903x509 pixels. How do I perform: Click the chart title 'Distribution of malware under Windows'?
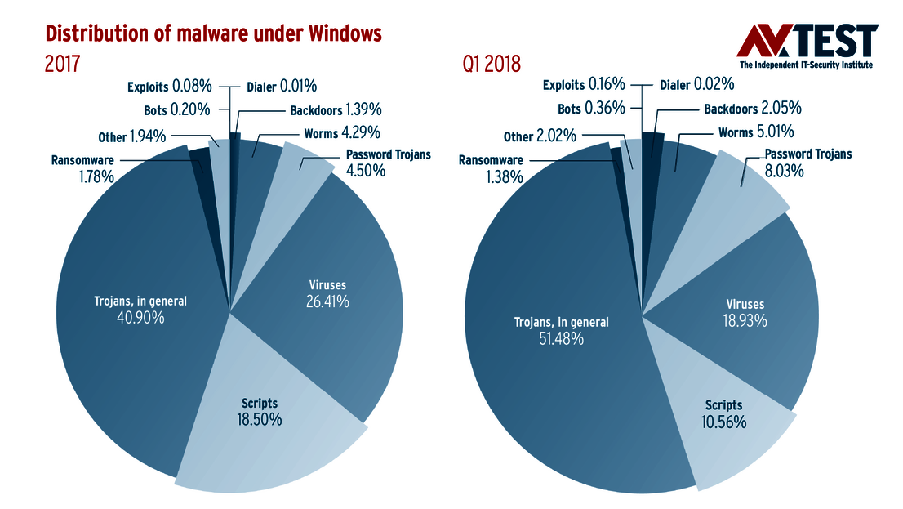[213, 33]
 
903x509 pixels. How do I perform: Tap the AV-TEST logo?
[807, 46]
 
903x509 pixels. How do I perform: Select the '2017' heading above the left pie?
[62, 64]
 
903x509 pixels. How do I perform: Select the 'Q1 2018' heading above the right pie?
[492, 64]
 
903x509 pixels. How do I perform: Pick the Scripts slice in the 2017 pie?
[261, 433]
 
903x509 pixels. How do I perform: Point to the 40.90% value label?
[140, 318]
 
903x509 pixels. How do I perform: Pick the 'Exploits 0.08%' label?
[170, 85]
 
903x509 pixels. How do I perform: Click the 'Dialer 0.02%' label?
[696, 84]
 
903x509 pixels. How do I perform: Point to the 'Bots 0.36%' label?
[591, 108]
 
